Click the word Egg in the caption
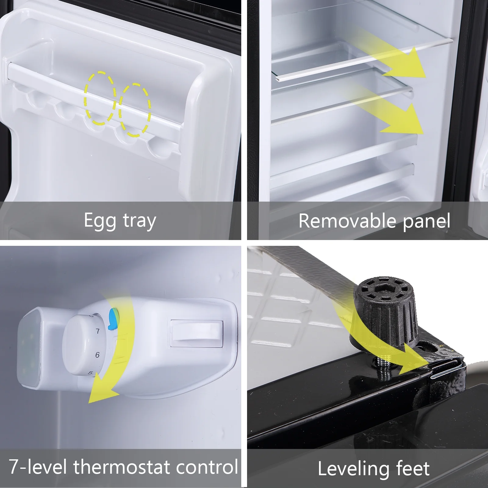pyautogui.click(x=99, y=221)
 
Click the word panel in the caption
pyautogui.click(x=427, y=221)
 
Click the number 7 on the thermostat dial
pyautogui.click(x=98, y=331)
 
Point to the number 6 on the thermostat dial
pyautogui.click(x=97, y=355)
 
